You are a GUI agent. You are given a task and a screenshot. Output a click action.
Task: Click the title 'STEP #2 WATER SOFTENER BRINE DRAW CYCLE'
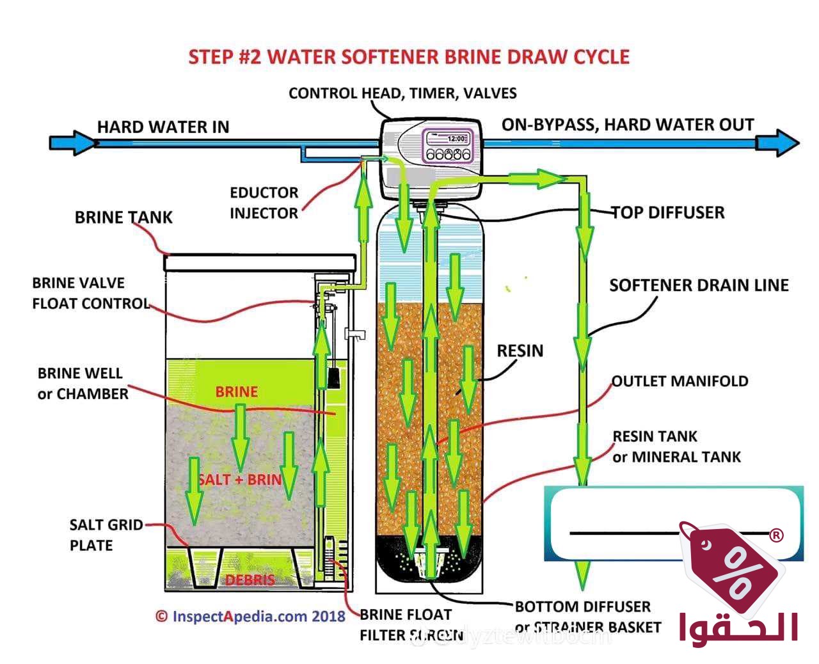click(x=409, y=57)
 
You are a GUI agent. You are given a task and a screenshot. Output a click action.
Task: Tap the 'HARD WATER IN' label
click(x=163, y=127)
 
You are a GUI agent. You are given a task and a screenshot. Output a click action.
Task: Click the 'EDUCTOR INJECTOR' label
click(x=264, y=203)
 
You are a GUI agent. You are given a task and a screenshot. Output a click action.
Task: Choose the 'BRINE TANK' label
click(x=123, y=217)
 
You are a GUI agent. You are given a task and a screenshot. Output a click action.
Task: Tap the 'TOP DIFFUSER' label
click(x=668, y=212)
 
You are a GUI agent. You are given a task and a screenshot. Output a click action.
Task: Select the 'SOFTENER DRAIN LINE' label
click(x=699, y=285)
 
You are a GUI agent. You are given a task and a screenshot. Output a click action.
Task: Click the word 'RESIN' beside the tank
click(x=520, y=351)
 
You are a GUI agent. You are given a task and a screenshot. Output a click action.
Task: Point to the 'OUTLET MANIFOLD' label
click(x=680, y=381)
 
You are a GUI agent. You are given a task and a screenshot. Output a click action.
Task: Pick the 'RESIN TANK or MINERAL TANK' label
click(x=676, y=447)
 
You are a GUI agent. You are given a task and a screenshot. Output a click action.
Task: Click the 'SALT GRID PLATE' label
click(x=106, y=535)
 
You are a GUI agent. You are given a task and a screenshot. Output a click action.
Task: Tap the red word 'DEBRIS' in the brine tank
click(x=250, y=580)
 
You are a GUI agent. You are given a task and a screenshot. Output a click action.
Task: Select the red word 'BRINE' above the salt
click(x=236, y=391)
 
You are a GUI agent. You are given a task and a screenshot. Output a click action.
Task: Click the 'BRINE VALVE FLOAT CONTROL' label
click(x=90, y=293)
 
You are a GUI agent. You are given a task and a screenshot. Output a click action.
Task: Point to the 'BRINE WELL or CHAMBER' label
click(x=83, y=383)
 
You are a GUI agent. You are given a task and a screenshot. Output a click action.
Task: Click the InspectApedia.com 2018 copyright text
click(x=250, y=617)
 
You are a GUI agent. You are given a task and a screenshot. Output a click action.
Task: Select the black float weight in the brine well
click(x=334, y=377)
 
